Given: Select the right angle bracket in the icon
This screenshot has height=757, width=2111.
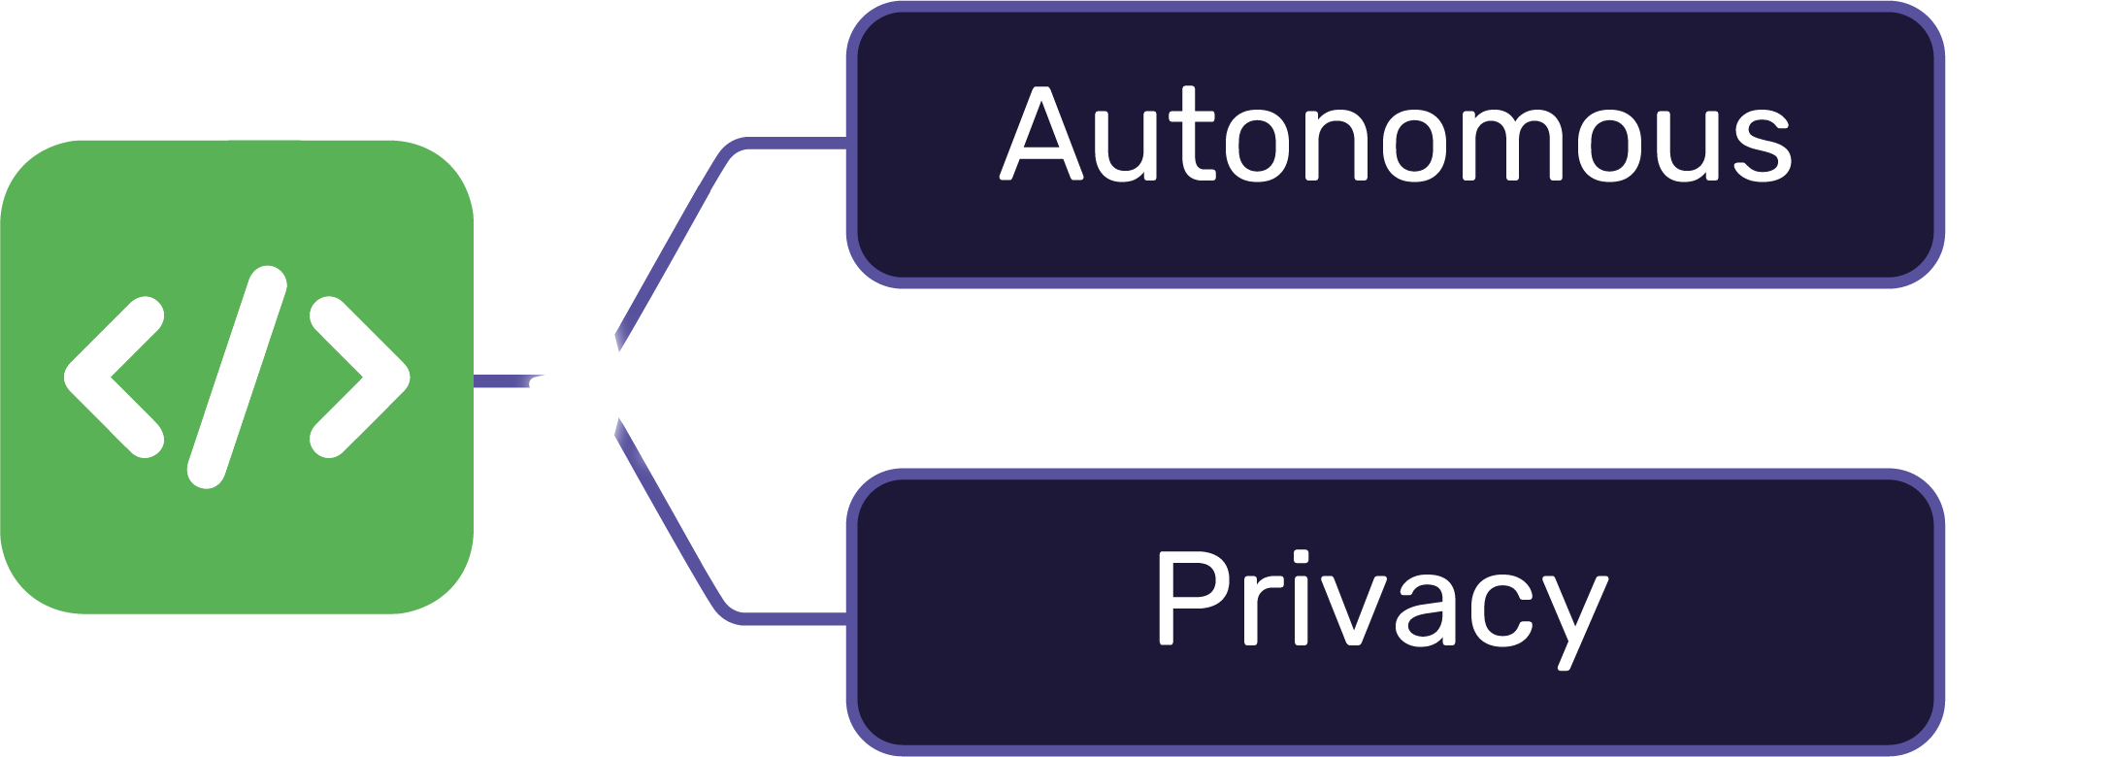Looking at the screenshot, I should pyautogui.click(x=359, y=377).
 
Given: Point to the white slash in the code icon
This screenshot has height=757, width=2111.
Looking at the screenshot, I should pyautogui.click(x=237, y=377).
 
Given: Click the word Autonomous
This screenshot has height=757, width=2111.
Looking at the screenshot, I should pyautogui.click(x=1396, y=136).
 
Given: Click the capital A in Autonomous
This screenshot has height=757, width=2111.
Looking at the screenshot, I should pyautogui.click(x=1041, y=136).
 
